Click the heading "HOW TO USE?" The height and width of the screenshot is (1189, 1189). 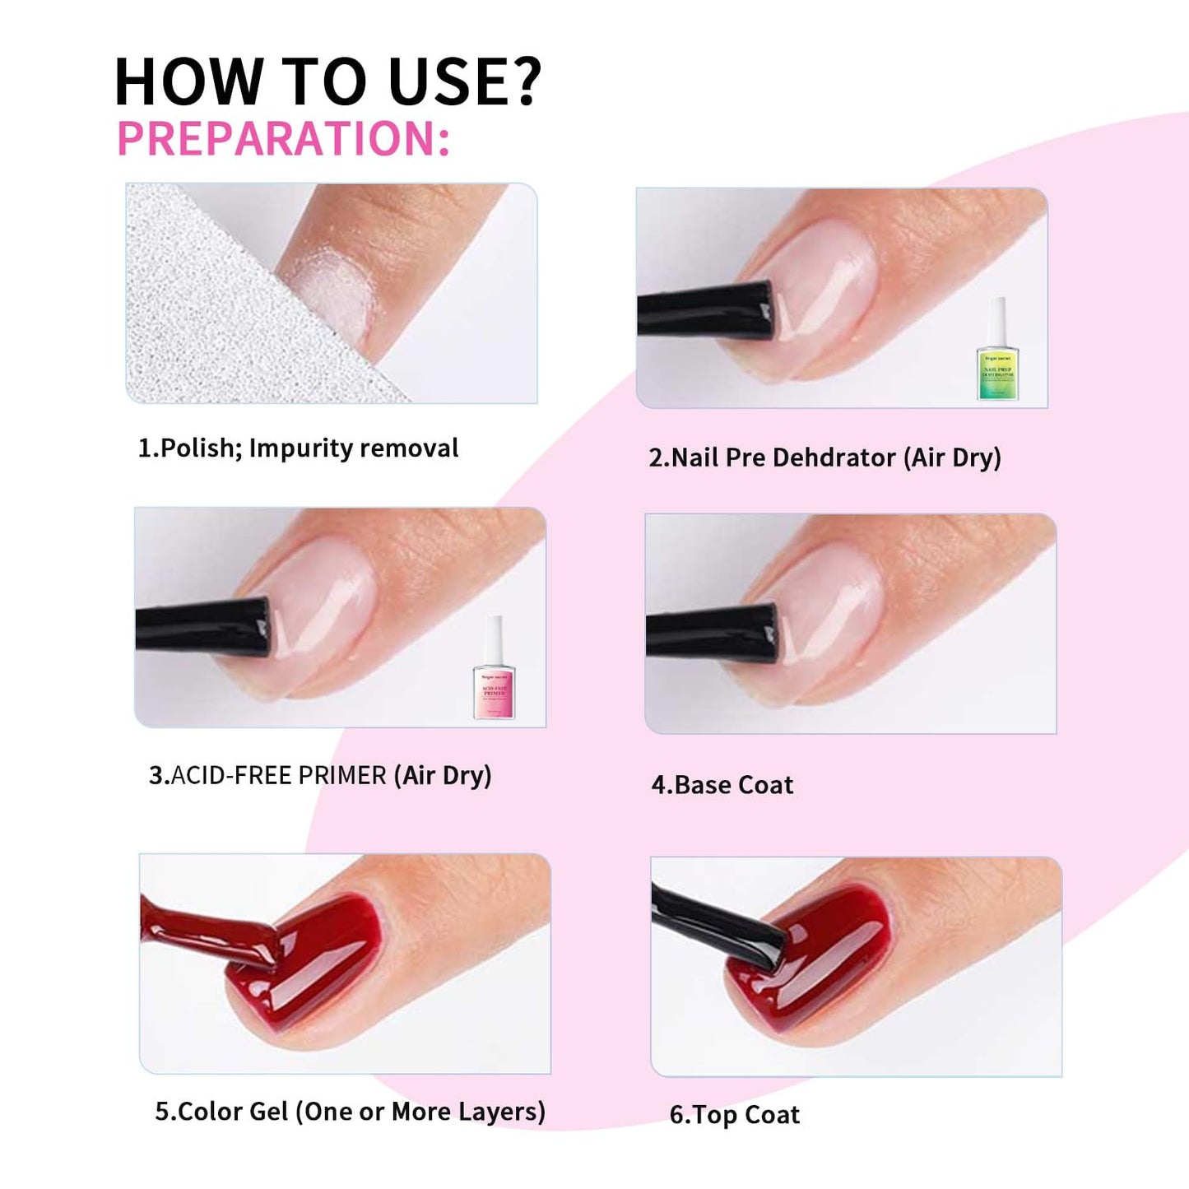pyautogui.click(x=327, y=81)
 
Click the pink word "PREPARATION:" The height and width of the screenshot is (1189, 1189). pyautogui.click(x=284, y=138)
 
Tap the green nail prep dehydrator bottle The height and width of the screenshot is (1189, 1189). pyautogui.click(x=997, y=352)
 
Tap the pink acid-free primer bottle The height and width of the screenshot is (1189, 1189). pyautogui.click(x=494, y=670)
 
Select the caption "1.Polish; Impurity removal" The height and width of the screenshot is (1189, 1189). pyautogui.click(x=298, y=448)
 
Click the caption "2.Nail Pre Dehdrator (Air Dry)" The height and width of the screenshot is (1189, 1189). pyautogui.click(x=824, y=457)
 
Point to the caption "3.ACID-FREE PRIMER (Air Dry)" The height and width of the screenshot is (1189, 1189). pyautogui.click(x=320, y=775)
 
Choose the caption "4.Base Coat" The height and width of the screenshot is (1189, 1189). pyautogui.click(x=722, y=785)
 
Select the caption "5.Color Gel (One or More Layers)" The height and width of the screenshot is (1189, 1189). pyautogui.click(x=350, y=1112)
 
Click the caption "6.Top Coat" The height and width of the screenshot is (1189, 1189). pyautogui.click(x=734, y=1115)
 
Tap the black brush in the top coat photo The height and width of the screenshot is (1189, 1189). pyautogui.click(x=720, y=926)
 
